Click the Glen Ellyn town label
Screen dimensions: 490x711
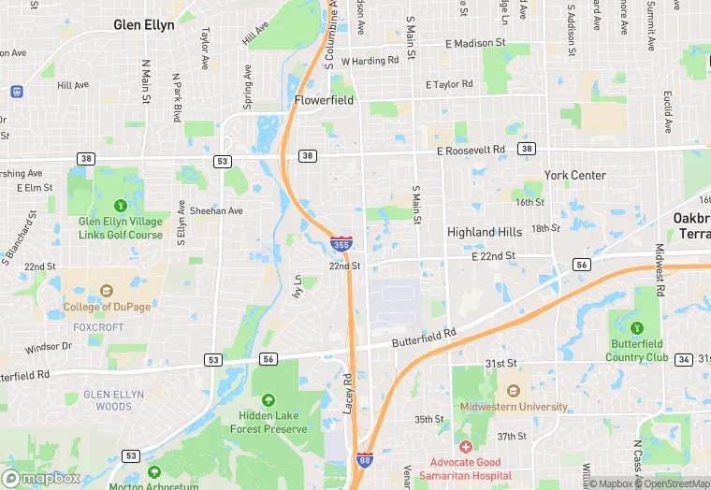coord(144,25)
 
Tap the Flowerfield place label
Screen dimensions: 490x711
coord(324,99)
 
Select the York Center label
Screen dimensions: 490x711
coord(574,175)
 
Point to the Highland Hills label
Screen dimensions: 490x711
coord(485,232)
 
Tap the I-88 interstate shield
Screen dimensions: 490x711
coord(364,459)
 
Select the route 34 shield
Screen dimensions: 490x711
coord(684,360)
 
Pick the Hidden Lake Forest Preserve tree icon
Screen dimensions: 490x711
coord(268,399)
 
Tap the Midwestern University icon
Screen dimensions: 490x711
coord(513,391)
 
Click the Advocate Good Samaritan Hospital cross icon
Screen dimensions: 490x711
coord(465,447)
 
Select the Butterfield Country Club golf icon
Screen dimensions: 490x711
coord(637,328)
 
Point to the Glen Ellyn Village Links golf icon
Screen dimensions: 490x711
coord(120,206)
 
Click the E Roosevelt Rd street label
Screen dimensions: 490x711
coord(471,150)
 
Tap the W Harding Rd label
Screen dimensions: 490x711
coord(370,61)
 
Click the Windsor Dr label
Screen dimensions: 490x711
coord(48,347)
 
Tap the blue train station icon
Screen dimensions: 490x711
coord(16,92)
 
